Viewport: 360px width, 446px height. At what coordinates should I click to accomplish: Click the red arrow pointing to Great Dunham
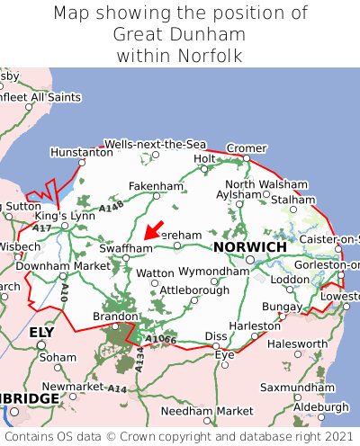tap(155, 228)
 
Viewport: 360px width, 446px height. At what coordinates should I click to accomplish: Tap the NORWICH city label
tap(249, 246)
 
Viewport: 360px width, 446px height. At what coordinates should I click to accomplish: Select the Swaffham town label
tap(126, 247)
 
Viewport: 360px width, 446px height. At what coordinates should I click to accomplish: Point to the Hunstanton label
tap(82, 153)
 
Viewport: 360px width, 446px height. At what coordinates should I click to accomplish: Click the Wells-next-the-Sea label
tap(155, 144)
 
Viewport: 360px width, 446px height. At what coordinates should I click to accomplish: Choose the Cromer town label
tap(247, 148)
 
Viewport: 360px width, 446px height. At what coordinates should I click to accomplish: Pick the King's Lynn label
tap(64, 217)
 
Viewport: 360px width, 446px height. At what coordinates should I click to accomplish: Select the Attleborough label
tap(194, 290)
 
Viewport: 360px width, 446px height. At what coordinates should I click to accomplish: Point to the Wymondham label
tap(213, 271)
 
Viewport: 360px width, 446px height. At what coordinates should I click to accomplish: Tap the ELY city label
tap(42, 332)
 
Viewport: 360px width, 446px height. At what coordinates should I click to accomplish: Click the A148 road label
tap(112, 208)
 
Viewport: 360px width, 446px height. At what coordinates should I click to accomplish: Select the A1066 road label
tap(162, 339)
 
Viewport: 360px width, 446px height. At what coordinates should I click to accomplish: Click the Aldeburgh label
tap(320, 406)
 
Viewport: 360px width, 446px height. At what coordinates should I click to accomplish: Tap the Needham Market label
tap(207, 411)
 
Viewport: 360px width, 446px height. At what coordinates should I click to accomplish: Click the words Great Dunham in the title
tap(180, 35)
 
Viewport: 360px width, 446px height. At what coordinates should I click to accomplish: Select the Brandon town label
tap(115, 317)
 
